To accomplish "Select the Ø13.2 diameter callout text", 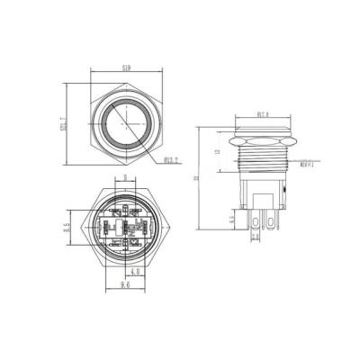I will point(175,161).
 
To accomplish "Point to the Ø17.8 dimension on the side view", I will point(264,114).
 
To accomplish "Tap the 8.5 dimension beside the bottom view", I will point(67,227).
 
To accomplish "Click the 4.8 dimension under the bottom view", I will point(134,270).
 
